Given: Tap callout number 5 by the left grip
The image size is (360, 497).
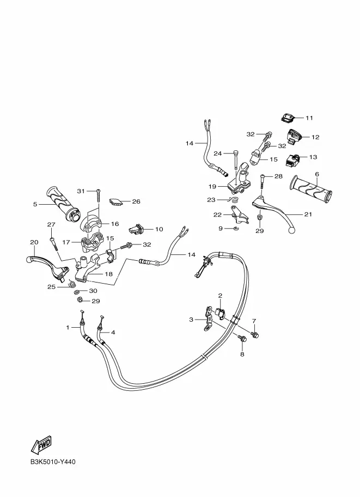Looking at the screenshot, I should coord(35,205).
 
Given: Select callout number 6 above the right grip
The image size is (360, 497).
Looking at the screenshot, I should coord(316,174).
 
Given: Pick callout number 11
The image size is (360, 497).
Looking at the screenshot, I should coord(309,118).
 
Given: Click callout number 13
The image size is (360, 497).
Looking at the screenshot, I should coord(313,157).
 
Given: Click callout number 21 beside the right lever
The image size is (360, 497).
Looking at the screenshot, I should coord(308,214).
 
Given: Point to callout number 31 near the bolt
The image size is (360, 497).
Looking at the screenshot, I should coord(81,191).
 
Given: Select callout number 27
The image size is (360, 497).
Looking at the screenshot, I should coord(51,225).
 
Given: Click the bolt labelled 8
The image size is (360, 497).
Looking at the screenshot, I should coord(243,339).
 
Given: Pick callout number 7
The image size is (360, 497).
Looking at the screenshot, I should coord(254,321).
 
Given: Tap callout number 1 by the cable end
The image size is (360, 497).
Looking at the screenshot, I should coord(68,327).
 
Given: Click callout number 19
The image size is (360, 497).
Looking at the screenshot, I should coord(213,186).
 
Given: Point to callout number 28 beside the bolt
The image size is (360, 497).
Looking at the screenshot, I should coord(278,176).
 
